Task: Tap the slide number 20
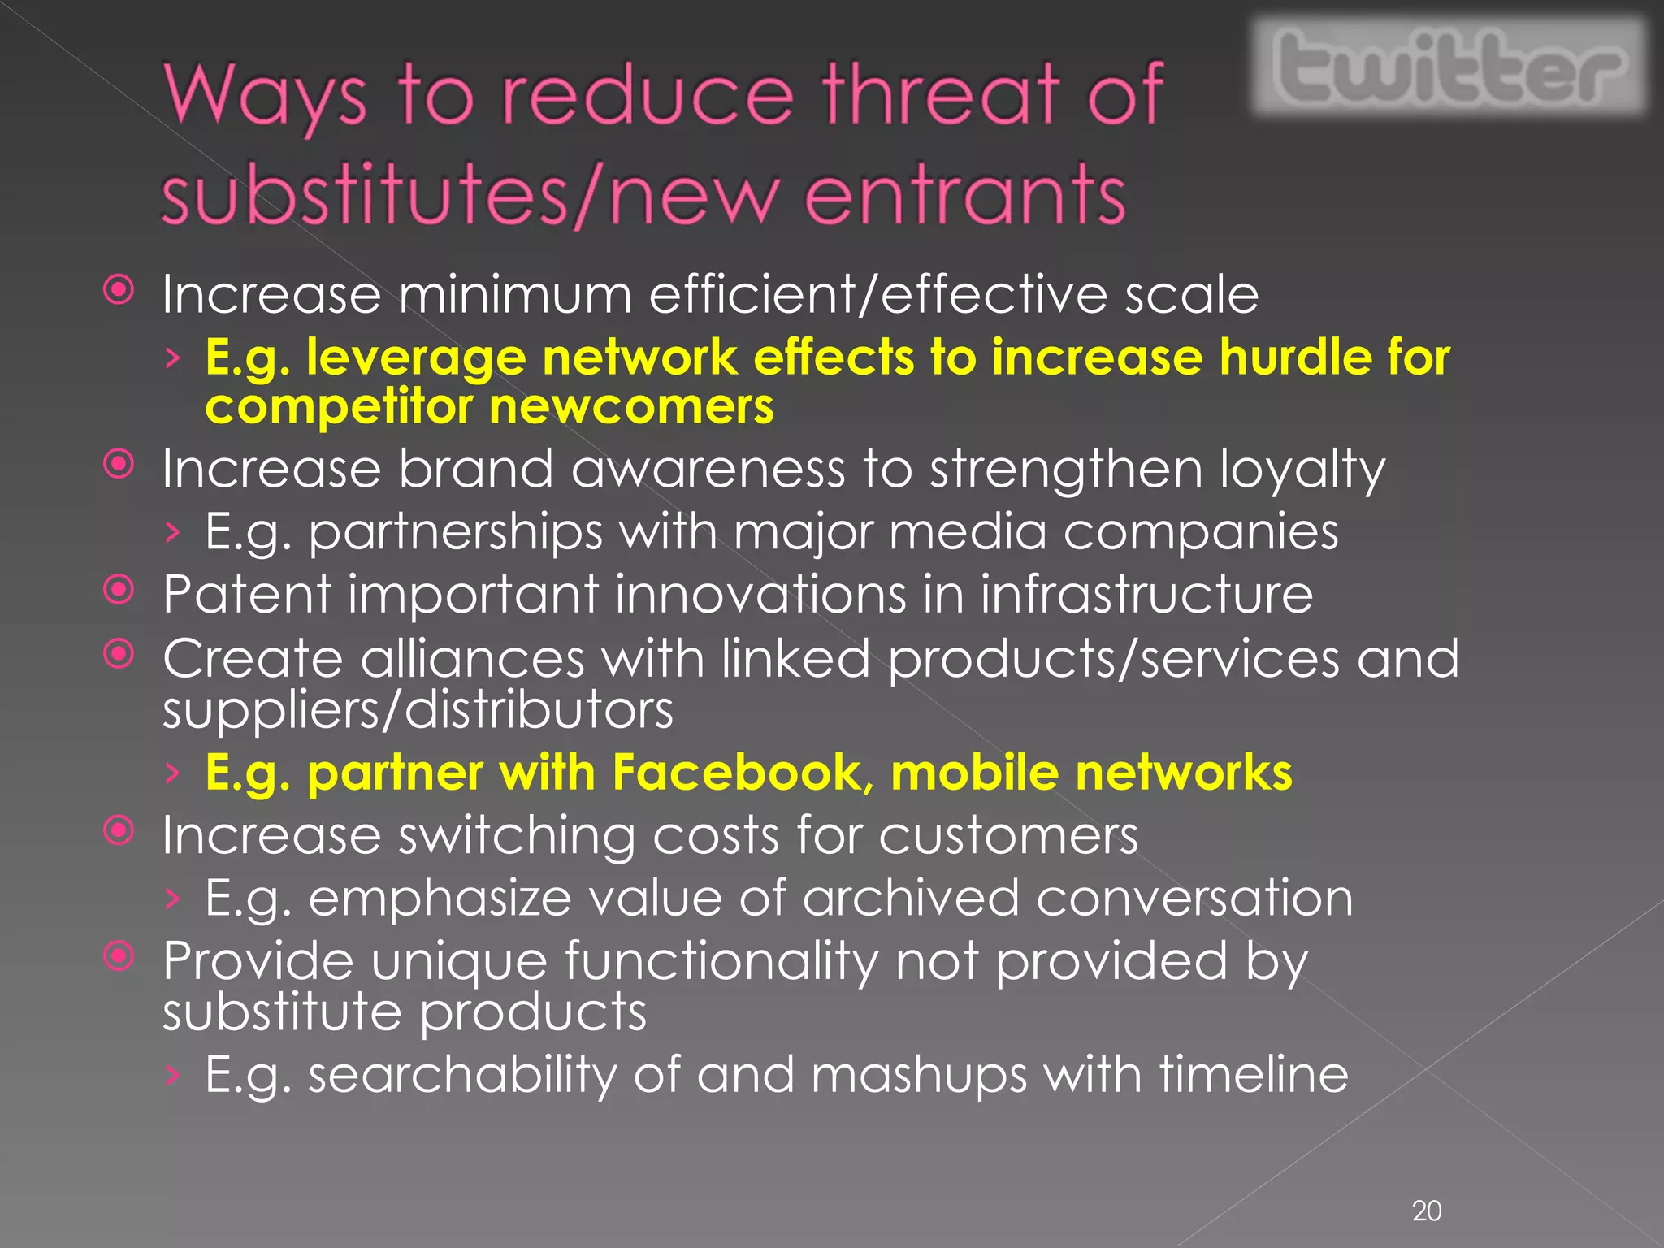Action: pos(1427,1211)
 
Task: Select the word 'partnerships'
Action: pos(456,533)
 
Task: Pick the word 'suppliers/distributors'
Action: pos(418,710)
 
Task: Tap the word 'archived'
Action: pos(911,898)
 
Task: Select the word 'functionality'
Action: pos(721,962)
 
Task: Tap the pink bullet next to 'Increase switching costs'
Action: pos(119,830)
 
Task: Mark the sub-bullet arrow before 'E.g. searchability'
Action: pos(171,1075)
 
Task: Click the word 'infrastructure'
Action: pos(1146,594)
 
